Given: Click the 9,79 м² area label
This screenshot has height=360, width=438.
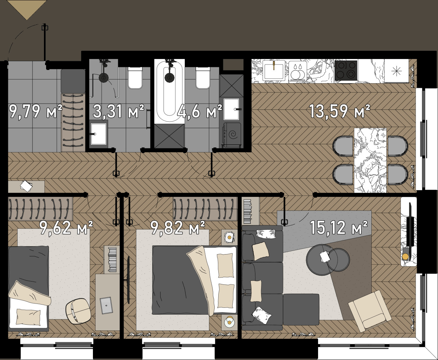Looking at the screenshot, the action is [36, 111].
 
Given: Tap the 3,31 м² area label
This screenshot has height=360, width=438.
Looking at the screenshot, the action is [119, 111].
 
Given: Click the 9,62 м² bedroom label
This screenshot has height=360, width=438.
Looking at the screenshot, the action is [66, 227].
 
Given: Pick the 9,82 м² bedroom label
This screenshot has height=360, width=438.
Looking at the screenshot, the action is [178, 227].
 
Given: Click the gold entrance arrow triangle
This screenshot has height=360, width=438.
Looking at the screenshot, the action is [27, 9].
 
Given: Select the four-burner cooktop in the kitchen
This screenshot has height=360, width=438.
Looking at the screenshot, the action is [346, 71].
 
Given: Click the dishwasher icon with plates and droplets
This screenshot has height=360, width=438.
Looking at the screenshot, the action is [298, 71].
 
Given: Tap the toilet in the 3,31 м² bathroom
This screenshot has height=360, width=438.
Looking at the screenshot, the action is [135, 78].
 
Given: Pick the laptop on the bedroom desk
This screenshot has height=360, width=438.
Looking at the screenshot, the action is [107, 305].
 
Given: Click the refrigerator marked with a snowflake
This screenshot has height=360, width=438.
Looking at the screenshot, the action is [397, 71].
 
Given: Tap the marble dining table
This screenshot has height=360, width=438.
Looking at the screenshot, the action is [370, 160].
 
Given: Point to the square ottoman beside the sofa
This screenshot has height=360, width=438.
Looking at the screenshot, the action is [301, 309].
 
